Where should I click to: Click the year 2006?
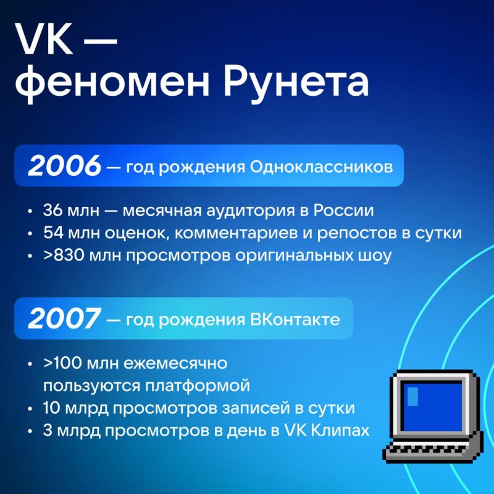(x=64, y=166)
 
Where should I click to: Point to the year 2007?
(x=64, y=319)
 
